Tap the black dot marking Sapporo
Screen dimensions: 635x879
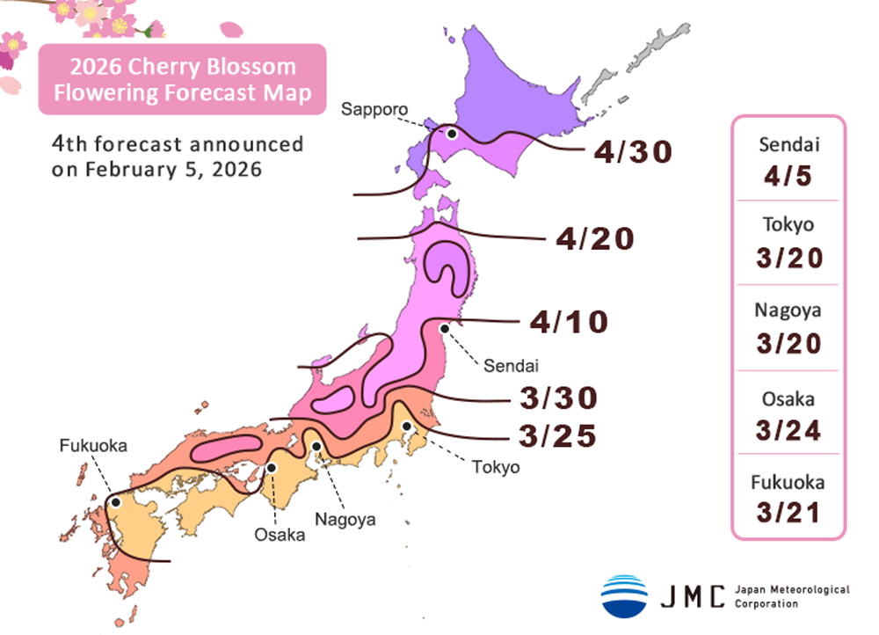pos(451,134)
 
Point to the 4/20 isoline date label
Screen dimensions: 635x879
pos(595,237)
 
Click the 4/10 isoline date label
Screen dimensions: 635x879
pos(569,322)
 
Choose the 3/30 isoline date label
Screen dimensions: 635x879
pos(560,398)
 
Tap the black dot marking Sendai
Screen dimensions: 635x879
pos(445,329)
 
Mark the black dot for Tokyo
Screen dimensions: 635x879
pos(407,427)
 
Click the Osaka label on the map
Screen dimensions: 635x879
pos(280,534)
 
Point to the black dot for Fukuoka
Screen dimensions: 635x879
pos(115,502)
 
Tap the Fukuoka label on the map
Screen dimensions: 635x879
pos(93,446)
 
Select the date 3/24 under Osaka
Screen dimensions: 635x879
pos(788,430)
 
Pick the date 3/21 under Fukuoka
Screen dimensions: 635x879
pos(788,512)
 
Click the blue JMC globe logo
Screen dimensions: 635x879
pos(624,595)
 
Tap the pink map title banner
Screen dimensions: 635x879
pos(182,79)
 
